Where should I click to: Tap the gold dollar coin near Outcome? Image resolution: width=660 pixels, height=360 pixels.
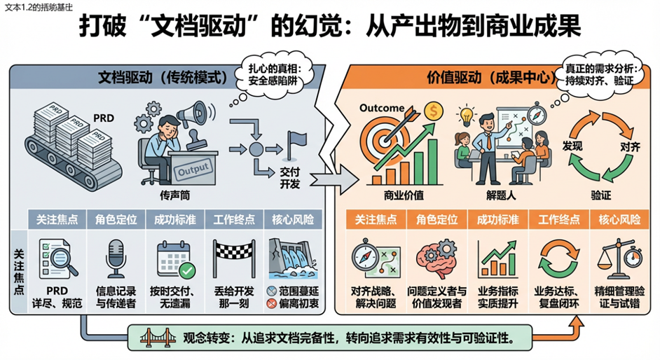pos(434,110)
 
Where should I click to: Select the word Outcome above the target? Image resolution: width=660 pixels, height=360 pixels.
pos(382,108)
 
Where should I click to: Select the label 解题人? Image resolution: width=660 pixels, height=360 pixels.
pos(501,194)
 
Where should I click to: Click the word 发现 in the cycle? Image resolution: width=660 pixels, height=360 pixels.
pos(572,147)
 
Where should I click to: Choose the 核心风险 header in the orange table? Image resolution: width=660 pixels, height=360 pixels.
pos(619,219)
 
